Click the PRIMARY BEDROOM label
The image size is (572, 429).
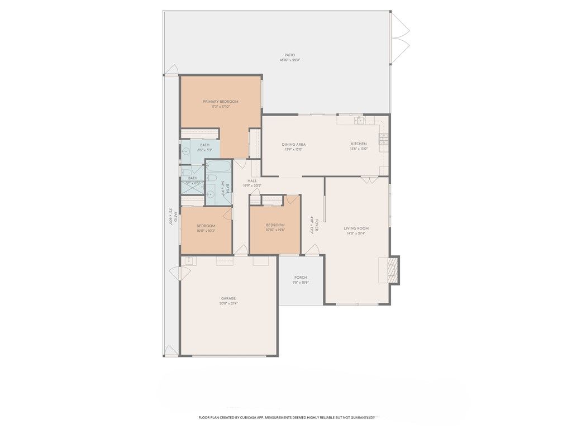(x=220, y=102)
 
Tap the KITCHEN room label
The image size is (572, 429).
(x=358, y=144)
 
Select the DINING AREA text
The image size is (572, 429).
(x=293, y=145)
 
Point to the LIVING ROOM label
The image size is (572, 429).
(x=356, y=228)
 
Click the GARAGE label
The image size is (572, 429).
(x=228, y=298)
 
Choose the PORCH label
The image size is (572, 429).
(x=301, y=278)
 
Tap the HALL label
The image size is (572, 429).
(x=252, y=181)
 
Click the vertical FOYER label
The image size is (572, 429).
(x=317, y=225)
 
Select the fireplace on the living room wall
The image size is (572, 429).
(x=394, y=270)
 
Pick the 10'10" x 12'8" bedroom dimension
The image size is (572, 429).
(x=275, y=230)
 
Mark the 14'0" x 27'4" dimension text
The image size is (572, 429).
(x=356, y=233)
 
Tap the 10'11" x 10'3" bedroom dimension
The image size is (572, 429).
(x=206, y=231)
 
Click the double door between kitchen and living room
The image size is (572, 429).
(x=368, y=179)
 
